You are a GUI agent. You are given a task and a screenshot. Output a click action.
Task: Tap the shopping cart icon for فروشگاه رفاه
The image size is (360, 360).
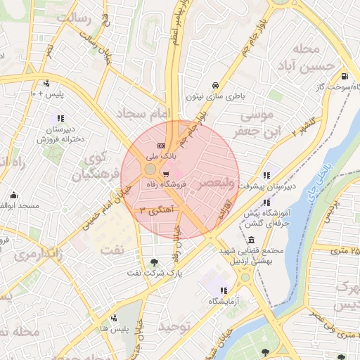(166, 174)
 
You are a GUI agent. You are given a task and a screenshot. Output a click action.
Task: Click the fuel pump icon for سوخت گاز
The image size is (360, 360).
(343, 77)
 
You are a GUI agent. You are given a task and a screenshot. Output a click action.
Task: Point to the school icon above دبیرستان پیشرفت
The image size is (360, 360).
(266, 175)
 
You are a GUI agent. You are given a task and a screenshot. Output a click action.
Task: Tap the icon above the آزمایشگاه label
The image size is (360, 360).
(224, 290)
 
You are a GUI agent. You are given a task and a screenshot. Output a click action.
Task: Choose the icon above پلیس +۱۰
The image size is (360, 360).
(46, 83)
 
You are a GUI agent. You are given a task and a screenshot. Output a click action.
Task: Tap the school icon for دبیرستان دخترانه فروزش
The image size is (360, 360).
(61, 118)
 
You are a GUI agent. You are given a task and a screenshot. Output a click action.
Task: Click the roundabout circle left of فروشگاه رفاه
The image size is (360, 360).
(150, 170)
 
